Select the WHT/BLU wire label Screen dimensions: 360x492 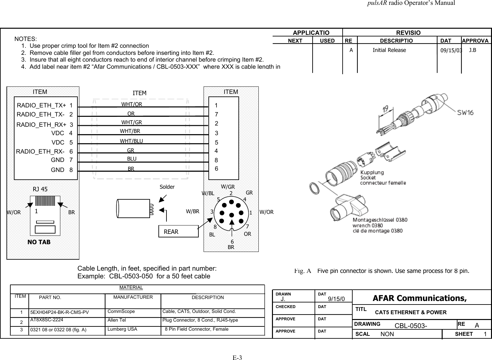click(x=131, y=141)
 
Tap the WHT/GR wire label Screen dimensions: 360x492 click(x=131, y=122)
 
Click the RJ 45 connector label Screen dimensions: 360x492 click(x=40, y=189)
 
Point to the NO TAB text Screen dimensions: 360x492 click(x=39, y=242)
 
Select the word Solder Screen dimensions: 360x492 click(x=167, y=187)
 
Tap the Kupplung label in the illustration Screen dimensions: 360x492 click(x=372, y=172)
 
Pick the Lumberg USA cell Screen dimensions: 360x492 click(x=122, y=329)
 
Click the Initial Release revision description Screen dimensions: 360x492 click(x=389, y=50)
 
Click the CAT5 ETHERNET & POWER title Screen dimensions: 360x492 click(x=411, y=312)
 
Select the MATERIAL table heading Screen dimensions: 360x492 click(x=131, y=287)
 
